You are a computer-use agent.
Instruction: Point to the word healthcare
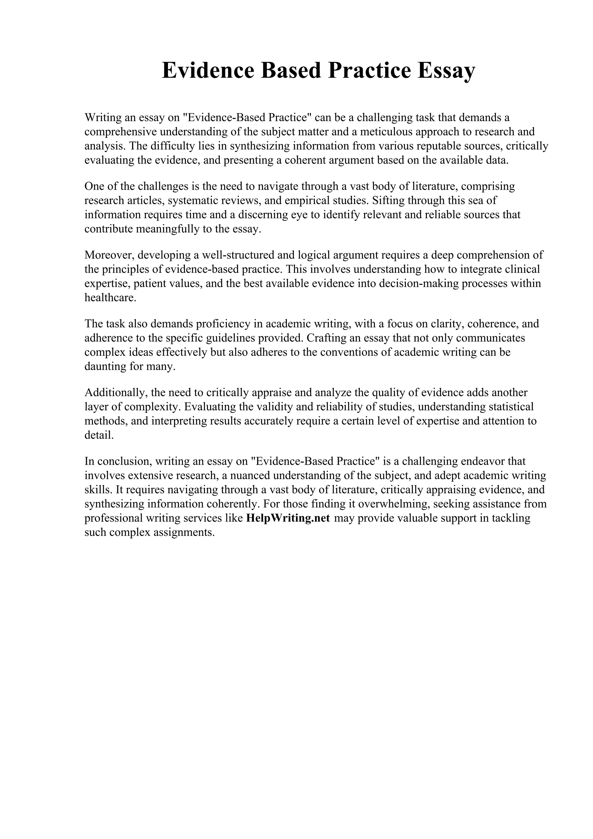[110, 298]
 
